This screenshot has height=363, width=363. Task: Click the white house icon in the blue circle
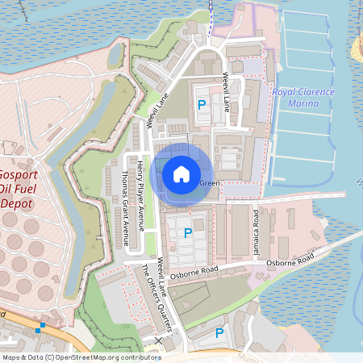tap(181, 173)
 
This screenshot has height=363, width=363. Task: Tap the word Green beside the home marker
tap(209, 183)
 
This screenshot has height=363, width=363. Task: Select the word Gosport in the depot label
tap(16, 174)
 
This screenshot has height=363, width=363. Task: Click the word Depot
tap(15, 203)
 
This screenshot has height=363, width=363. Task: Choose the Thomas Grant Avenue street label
tap(124, 208)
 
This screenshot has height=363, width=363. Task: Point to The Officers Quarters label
tap(157, 296)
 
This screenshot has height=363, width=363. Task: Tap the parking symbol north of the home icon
tap(201, 105)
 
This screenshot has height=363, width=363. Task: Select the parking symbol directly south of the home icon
tap(188, 233)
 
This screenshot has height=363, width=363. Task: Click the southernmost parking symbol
tap(219, 332)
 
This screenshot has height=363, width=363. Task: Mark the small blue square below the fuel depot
tap(39, 328)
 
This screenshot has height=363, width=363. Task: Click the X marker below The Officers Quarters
tap(158, 341)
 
